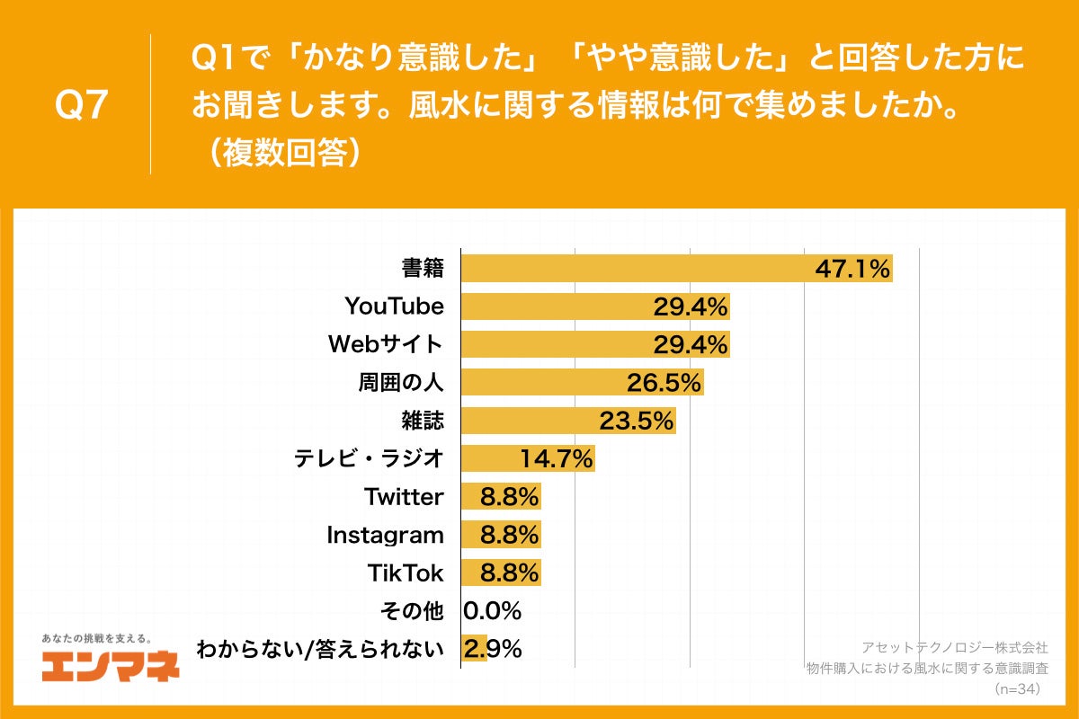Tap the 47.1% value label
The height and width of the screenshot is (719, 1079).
coord(852,268)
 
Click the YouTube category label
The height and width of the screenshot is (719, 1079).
coord(394,306)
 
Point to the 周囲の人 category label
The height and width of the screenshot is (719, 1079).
coord(401,383)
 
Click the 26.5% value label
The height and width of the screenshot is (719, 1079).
coord(664,383)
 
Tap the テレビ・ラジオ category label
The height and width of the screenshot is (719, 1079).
coord(369,459)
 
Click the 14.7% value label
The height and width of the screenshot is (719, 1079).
coord(557,459)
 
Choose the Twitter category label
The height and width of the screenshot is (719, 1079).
coord(404,497)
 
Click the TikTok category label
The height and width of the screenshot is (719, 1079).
coord(406,573)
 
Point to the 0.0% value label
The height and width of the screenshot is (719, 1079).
coord(493,611)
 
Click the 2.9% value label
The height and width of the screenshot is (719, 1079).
coord(493,649)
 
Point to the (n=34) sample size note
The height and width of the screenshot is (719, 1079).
coord(1016,688)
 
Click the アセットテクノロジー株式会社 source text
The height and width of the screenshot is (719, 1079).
coord(954,647)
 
